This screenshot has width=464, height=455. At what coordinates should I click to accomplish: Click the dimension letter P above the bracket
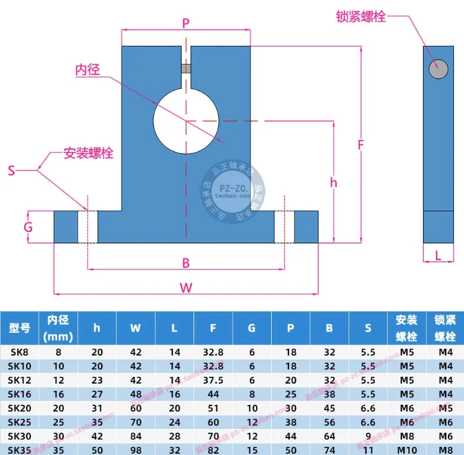[185, 24]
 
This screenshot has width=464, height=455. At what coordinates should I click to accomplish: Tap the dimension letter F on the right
[361, 145]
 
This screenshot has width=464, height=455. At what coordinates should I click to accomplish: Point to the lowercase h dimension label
[334, 182]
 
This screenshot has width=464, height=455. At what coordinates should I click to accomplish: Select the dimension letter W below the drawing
[185, 287]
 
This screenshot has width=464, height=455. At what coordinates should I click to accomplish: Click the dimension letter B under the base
[185, 263]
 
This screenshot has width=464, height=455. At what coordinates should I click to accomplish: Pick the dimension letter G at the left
[28, 227]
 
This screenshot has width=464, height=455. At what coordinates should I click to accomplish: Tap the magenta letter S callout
[11, 169]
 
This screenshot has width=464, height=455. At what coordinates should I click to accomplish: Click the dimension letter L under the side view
[438, 255]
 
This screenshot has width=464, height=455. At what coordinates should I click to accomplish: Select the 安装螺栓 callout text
[89, 153]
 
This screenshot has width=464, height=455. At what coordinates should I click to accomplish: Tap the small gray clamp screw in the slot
[185, 68]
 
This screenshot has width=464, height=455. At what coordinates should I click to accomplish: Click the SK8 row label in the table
[19, 352]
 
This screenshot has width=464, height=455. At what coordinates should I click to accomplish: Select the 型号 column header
[19, 328]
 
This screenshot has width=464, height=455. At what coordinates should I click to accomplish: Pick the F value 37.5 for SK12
[213, 379]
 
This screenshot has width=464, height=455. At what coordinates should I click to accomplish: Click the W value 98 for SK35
[136, 449]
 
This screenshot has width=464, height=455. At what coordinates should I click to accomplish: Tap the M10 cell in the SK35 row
[407, 449]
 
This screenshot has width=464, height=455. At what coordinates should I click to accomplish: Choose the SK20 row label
[19, 407]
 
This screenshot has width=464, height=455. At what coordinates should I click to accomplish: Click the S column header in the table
[368, 328]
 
